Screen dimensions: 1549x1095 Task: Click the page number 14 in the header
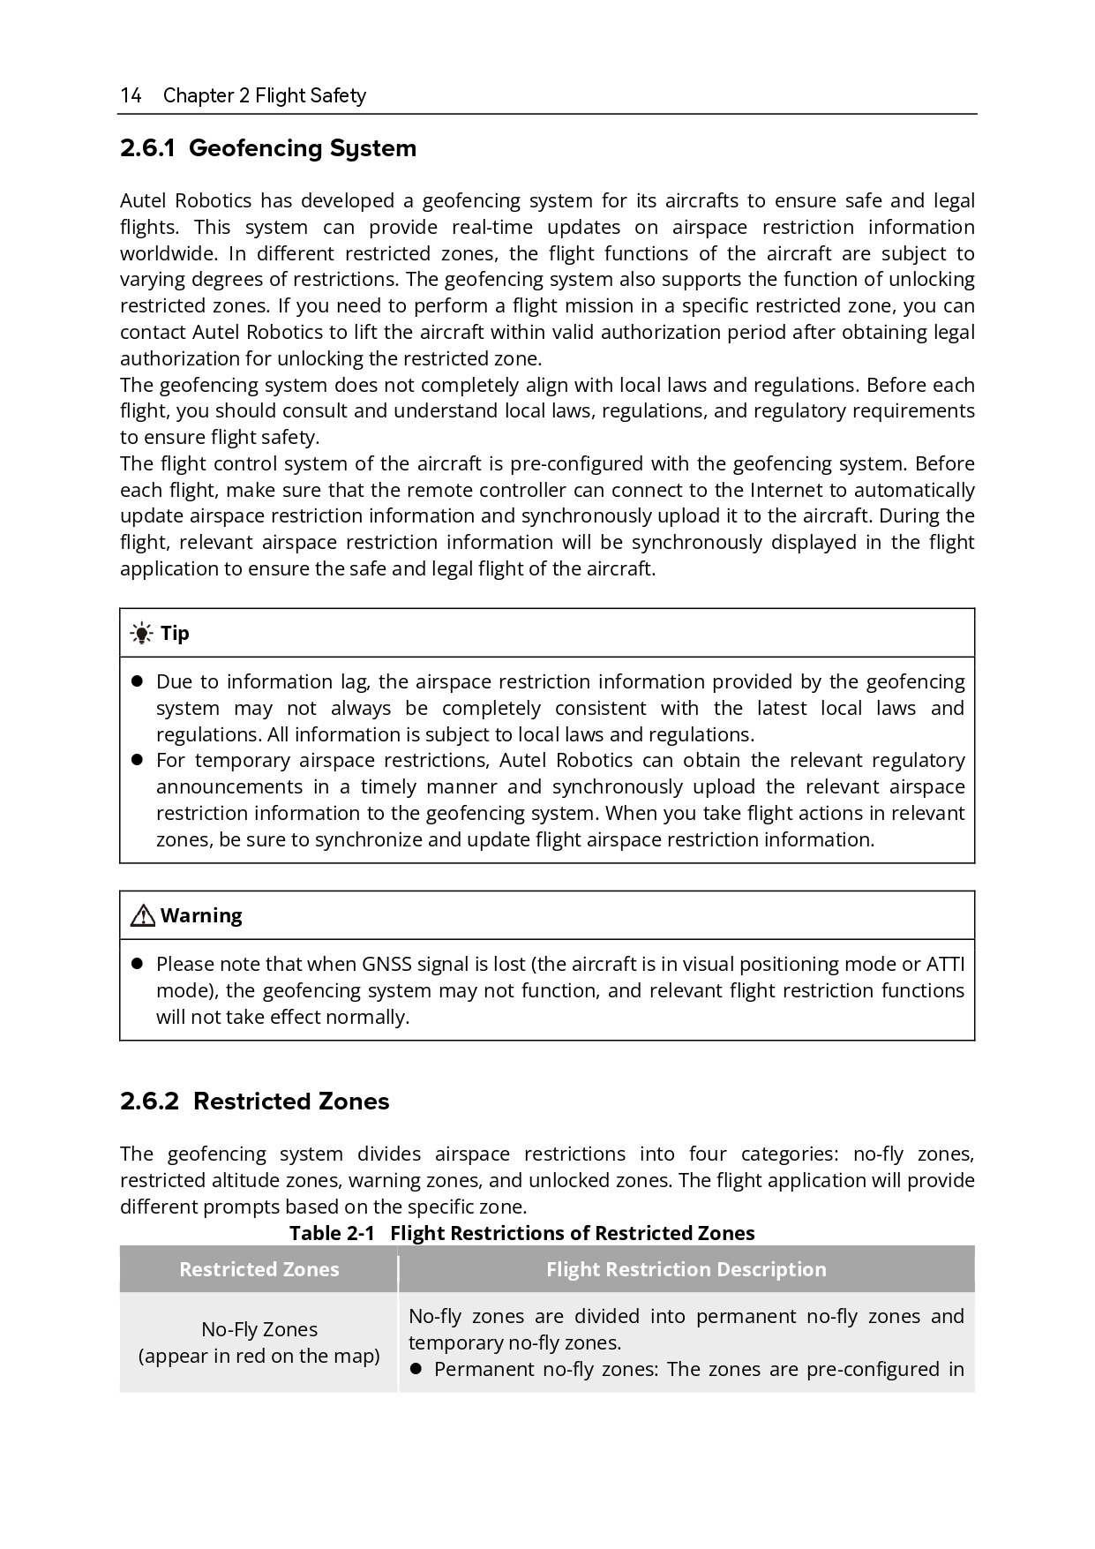click(x=131, y=95)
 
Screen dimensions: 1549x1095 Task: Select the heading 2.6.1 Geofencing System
click(x=268, y=148)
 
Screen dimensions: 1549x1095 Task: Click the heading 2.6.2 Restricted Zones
click(x=254, y=1102)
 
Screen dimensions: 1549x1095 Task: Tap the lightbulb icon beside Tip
click(x=140, y=633)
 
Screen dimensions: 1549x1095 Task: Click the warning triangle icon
click(x=142, y=916)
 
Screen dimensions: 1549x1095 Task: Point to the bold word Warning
click(x=201, y=915)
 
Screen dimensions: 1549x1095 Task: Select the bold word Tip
click(x=175, y=633)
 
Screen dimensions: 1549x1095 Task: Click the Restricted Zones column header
click(x=259, y=1269)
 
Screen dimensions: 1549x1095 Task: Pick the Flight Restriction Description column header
click(x=686, y=1269)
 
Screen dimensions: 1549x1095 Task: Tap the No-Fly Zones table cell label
click(x=259, y=1329)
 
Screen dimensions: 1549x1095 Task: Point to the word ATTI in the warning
click(x=945, y=964)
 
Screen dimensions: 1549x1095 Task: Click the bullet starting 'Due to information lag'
click(x=137, y=681)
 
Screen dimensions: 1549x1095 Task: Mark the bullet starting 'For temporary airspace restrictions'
click(x=137, y=760)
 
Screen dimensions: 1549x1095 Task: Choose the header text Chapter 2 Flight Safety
click(x=264, y=95)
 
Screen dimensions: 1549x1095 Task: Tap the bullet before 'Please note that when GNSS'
click(x=137, y=964)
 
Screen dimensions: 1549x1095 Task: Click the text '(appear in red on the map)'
click(x=259, y=1356)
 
